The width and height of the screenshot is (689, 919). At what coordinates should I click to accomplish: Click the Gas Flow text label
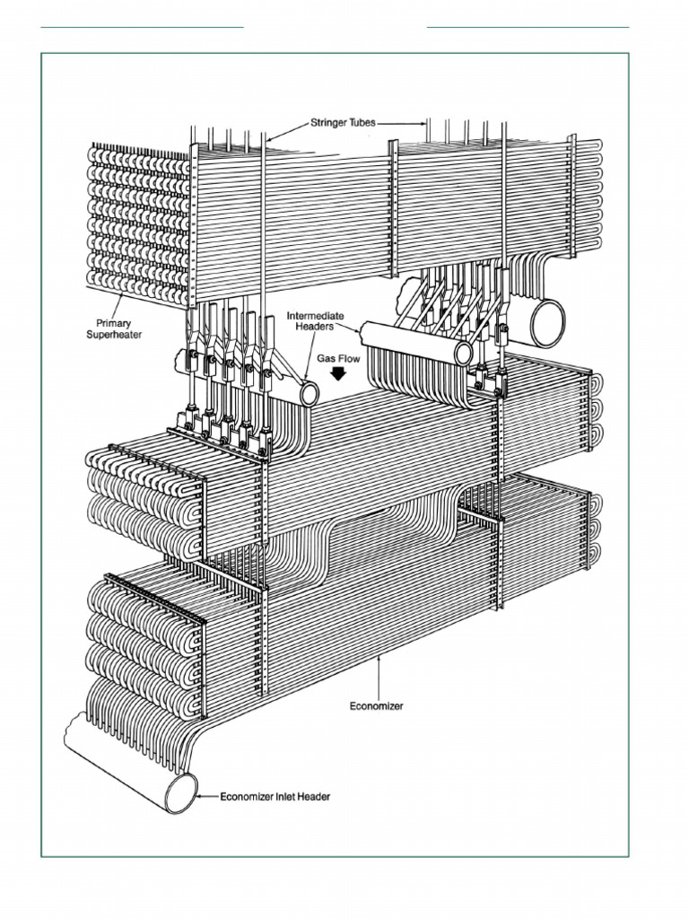pyautogui.click(x=337, y=357)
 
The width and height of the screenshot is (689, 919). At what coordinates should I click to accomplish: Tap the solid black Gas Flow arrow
pyautogui.click(x=337, y=372)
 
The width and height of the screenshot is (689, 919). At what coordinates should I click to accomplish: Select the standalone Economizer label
pyautogui.click(x=376, y=706)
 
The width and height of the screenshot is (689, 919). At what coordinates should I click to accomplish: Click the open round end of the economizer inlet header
pyautogui.click(x=181, y=792)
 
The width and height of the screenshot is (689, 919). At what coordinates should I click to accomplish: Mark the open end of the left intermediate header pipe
pyautogui.click(x=310, y=392)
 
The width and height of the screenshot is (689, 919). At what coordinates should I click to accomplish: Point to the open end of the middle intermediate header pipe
pyautogui.click(x=464, y=353)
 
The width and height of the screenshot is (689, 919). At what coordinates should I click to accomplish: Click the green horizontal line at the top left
pyautogui.click(x=142, y=27)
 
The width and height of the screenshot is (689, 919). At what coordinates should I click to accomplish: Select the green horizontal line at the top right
pyautogui.click(x=528, y=27)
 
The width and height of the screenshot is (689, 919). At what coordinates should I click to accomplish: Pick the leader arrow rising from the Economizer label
pyautogui.click(x=380, y=673)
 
